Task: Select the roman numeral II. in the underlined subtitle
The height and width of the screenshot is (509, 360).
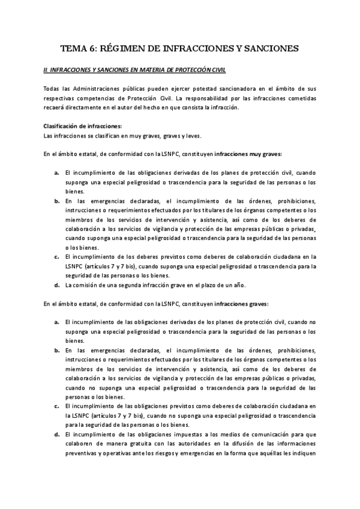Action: (46, 70)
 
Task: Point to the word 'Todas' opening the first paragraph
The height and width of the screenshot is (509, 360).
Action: (52, 89)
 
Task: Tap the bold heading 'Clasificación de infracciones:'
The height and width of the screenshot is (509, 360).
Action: (82, 126)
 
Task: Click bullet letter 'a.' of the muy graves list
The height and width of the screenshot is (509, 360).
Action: (56, 172)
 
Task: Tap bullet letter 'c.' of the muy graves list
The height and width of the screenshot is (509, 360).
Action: (56, 256)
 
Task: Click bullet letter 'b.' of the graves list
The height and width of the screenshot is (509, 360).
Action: (56, 350)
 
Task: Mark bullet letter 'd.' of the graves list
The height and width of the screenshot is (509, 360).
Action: (56, 434)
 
